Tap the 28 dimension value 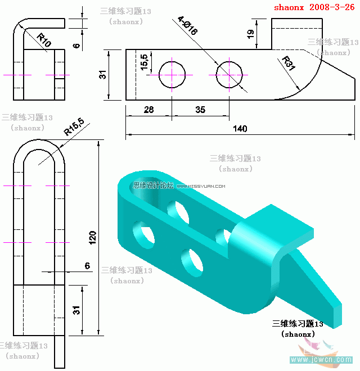pos(148,110)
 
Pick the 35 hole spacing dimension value pos(200,110)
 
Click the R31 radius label pos(288,65)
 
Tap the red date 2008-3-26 pos(332,8)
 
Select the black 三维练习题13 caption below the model pos(298,324)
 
